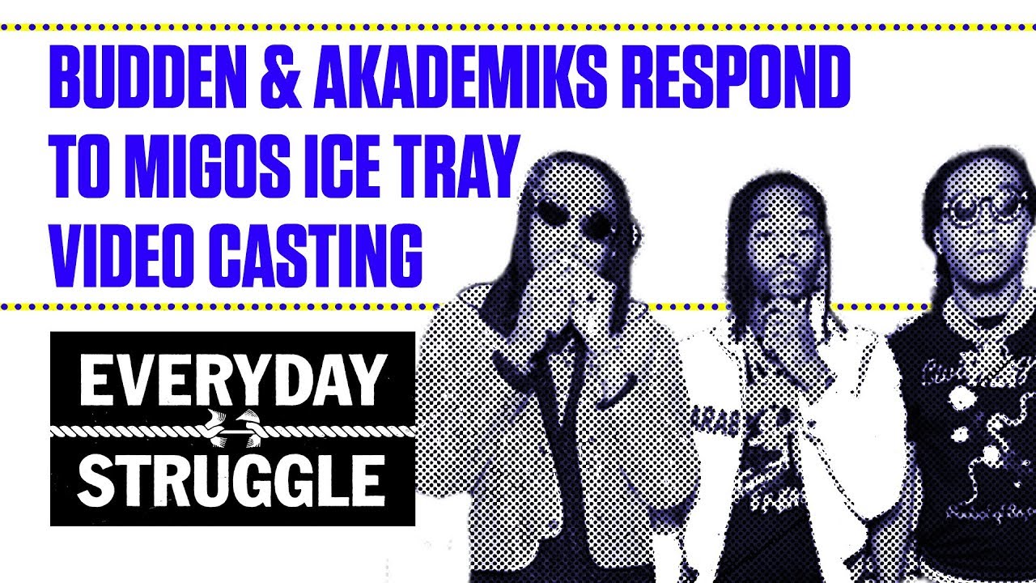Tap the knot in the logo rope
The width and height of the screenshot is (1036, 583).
[232, 430]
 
